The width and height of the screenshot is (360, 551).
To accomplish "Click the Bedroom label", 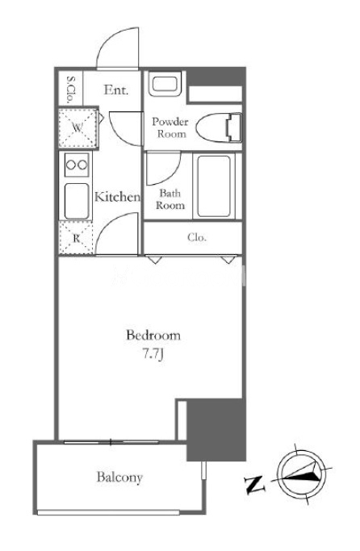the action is click(x=153, y=336).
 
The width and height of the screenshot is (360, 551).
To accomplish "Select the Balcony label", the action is click(x=119, y=478).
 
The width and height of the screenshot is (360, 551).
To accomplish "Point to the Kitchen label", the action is click(x=117, y=197).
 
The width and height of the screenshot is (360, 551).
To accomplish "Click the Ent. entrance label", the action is click(x=116, y=90).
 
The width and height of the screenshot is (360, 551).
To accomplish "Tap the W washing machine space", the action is click(x=77, y=127).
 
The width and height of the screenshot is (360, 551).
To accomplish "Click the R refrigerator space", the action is click(x=77, y=238).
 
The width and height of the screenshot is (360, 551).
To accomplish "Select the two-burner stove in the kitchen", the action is click(x=77, y=165).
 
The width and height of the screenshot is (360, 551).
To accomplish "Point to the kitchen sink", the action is click(x=77, y=201).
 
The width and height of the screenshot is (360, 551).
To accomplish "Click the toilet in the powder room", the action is click(x=219, y=127).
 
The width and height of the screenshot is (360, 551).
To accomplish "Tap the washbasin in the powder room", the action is click(x=165, y=84).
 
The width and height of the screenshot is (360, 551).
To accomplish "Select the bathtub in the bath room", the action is click(x=214, y=186).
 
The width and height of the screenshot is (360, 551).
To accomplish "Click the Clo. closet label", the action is click(x=197, y=237).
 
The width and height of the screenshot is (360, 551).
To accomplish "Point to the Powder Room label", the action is click(x=170, y=127).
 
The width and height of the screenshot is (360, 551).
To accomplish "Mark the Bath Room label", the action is click(x=170, y=199).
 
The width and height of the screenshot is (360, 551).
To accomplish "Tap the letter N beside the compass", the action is click(x=254, y=484).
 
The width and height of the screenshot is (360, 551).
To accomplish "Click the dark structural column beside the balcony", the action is click(x=216, y=429).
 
